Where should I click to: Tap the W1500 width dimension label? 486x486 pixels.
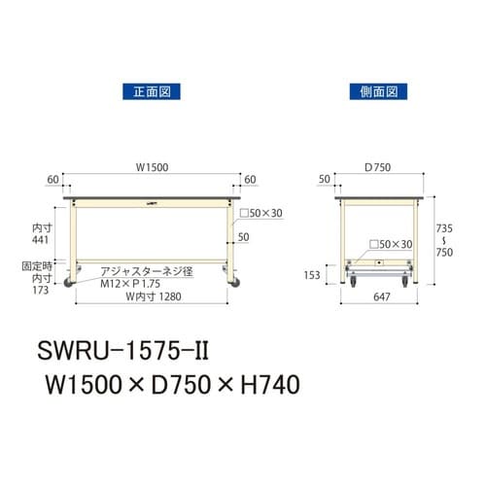point(151,167)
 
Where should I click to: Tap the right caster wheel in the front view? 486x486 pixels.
point(232,283)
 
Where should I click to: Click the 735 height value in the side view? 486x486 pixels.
point(447,221)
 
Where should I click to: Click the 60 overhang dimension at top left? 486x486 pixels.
point(51,180)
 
